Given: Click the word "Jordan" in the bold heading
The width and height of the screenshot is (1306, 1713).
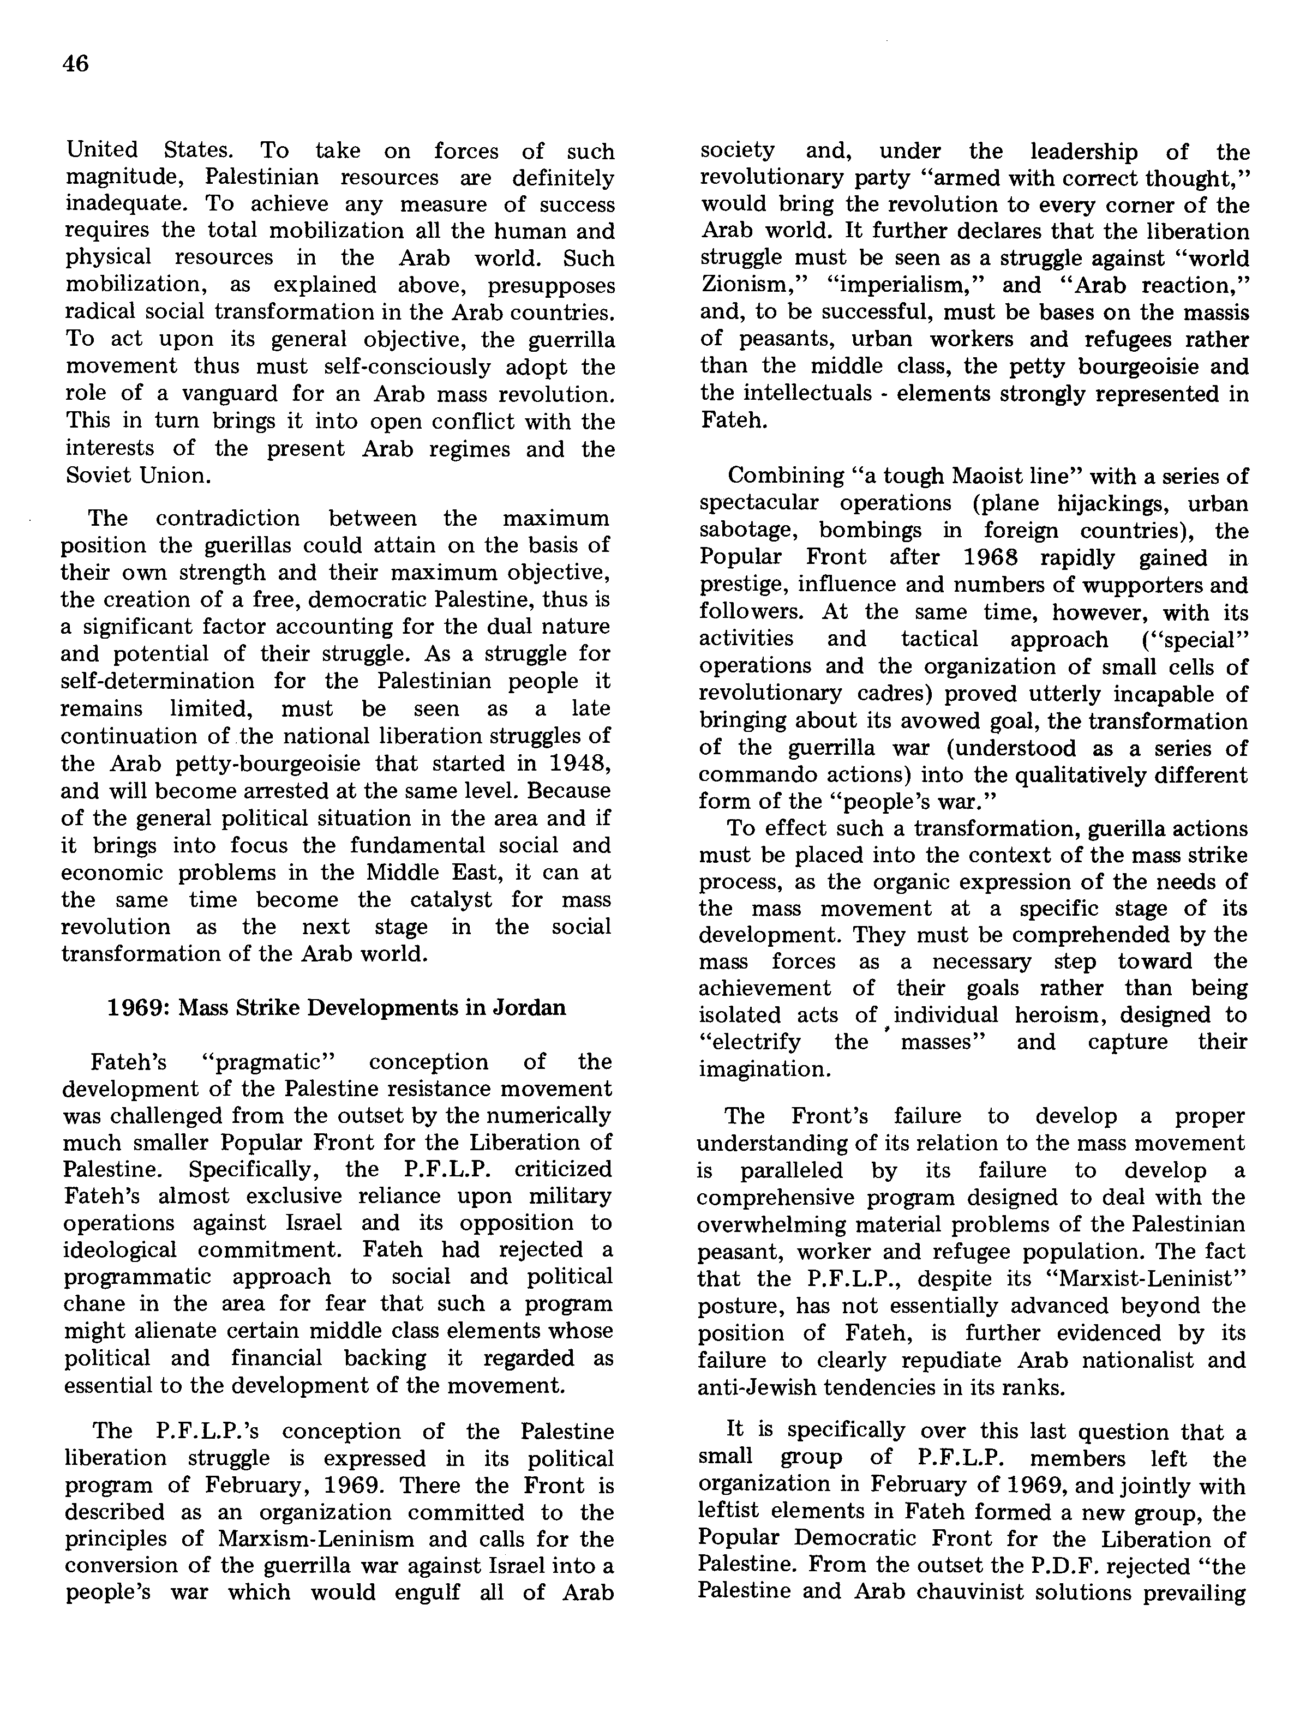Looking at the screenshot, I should (x=529, y=1007).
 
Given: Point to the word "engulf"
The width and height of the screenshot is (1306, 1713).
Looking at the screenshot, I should (x=427, y=1594).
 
